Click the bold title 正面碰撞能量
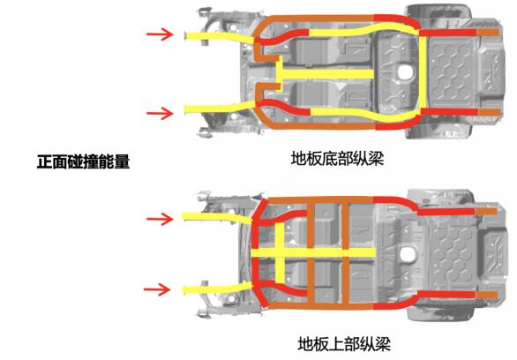click(x=84, y=161)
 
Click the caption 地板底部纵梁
click(x=337, y=158)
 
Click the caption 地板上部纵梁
click(x=344, y=344)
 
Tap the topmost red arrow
click(x=160, y=34)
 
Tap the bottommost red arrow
click(x=157, y=289)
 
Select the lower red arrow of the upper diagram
click(x=160, y=114)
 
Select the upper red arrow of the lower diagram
click(x=160, y=219)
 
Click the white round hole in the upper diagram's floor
click(x=405, y=71)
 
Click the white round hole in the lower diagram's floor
click(x=408, y=254)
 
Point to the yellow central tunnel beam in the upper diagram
click(x=325, y=74)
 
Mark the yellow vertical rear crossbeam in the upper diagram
click(x=423, y=72)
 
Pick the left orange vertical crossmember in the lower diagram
click(x=311, y=253)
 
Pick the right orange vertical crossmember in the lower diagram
click(x=345, y=253)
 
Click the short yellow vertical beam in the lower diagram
click(x=280, y=253)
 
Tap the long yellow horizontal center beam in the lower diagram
click(x=313, y=253)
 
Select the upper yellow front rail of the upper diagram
click(x=220, y=37)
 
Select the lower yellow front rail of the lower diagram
click(x=217, y=289)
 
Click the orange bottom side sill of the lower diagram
click(x=320, y=306)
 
